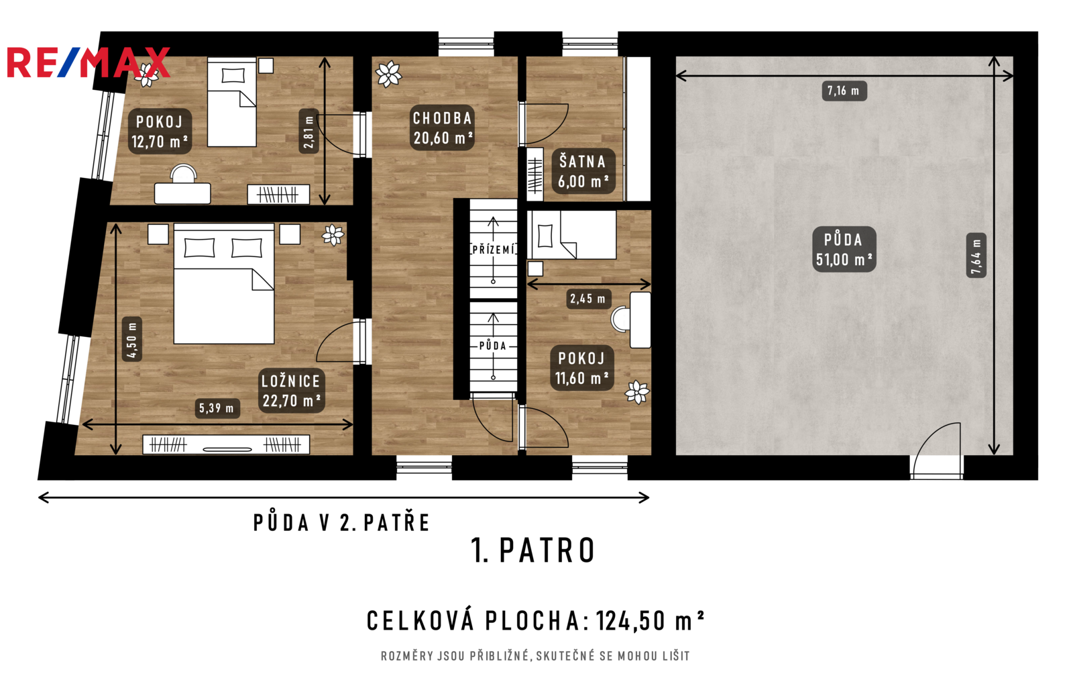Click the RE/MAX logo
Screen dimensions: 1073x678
point(89,62)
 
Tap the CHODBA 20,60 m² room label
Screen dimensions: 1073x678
point(443,128)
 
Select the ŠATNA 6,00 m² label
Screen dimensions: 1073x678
point(583,171)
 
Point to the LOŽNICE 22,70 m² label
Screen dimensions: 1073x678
point(291,390)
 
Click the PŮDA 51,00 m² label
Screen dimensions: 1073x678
point(844,249)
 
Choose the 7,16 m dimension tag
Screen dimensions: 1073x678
point(844,91)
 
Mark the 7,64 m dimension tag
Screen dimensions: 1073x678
point(976,256)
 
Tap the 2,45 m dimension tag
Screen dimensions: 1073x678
point(588,299)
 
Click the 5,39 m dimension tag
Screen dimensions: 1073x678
point(217,408)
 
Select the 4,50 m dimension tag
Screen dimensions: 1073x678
point(132,340)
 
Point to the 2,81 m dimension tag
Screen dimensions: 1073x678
point(309,131)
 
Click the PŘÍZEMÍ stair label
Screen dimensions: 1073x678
point(494,249)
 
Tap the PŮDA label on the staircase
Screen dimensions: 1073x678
point(493,346)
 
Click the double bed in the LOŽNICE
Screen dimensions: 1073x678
point(224,283)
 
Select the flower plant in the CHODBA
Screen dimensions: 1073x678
point(388,74)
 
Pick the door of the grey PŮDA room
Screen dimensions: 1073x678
point(936,450)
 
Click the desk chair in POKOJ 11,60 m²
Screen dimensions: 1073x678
point(621,319)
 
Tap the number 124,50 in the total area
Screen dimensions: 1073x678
point(631,621)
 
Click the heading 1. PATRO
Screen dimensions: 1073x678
point(532,550)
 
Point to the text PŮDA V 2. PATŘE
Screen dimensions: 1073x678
point(341,522)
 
